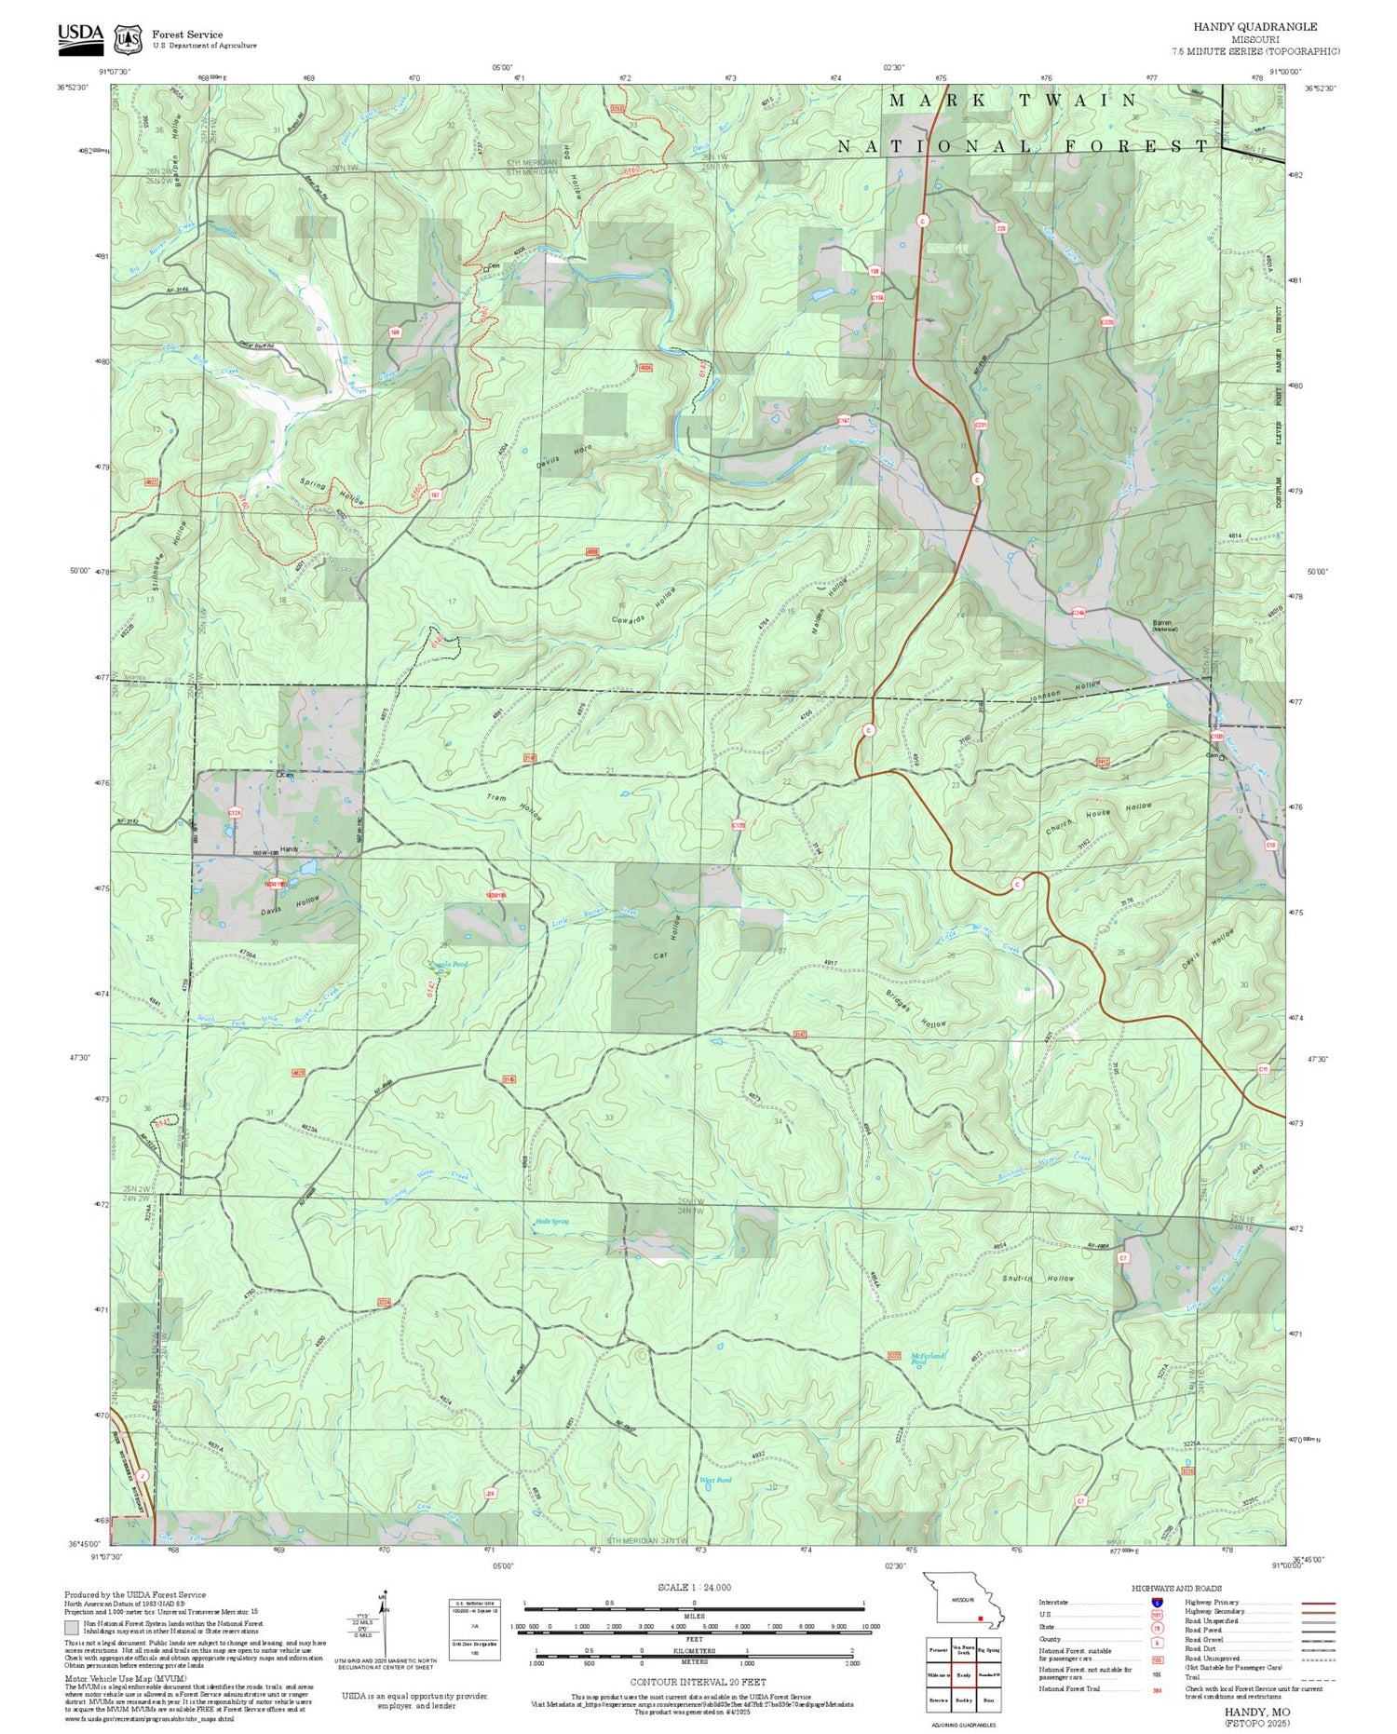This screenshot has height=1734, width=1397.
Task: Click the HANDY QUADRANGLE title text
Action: click(x=1268, y=27)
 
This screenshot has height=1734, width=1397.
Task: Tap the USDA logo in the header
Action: click(x=81, y=34)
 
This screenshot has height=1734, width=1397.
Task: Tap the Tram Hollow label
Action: click(x=513, y=807)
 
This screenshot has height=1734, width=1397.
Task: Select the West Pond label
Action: click(x=715, y=1480)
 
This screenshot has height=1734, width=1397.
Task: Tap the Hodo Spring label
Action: click(x=552, y=1221)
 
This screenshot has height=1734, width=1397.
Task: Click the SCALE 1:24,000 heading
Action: click(x=694, y=1588)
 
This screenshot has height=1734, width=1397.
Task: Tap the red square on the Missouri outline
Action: click(x=981, y=1619)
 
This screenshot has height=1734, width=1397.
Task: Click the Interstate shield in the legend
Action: click(x=1157, y=1603)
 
